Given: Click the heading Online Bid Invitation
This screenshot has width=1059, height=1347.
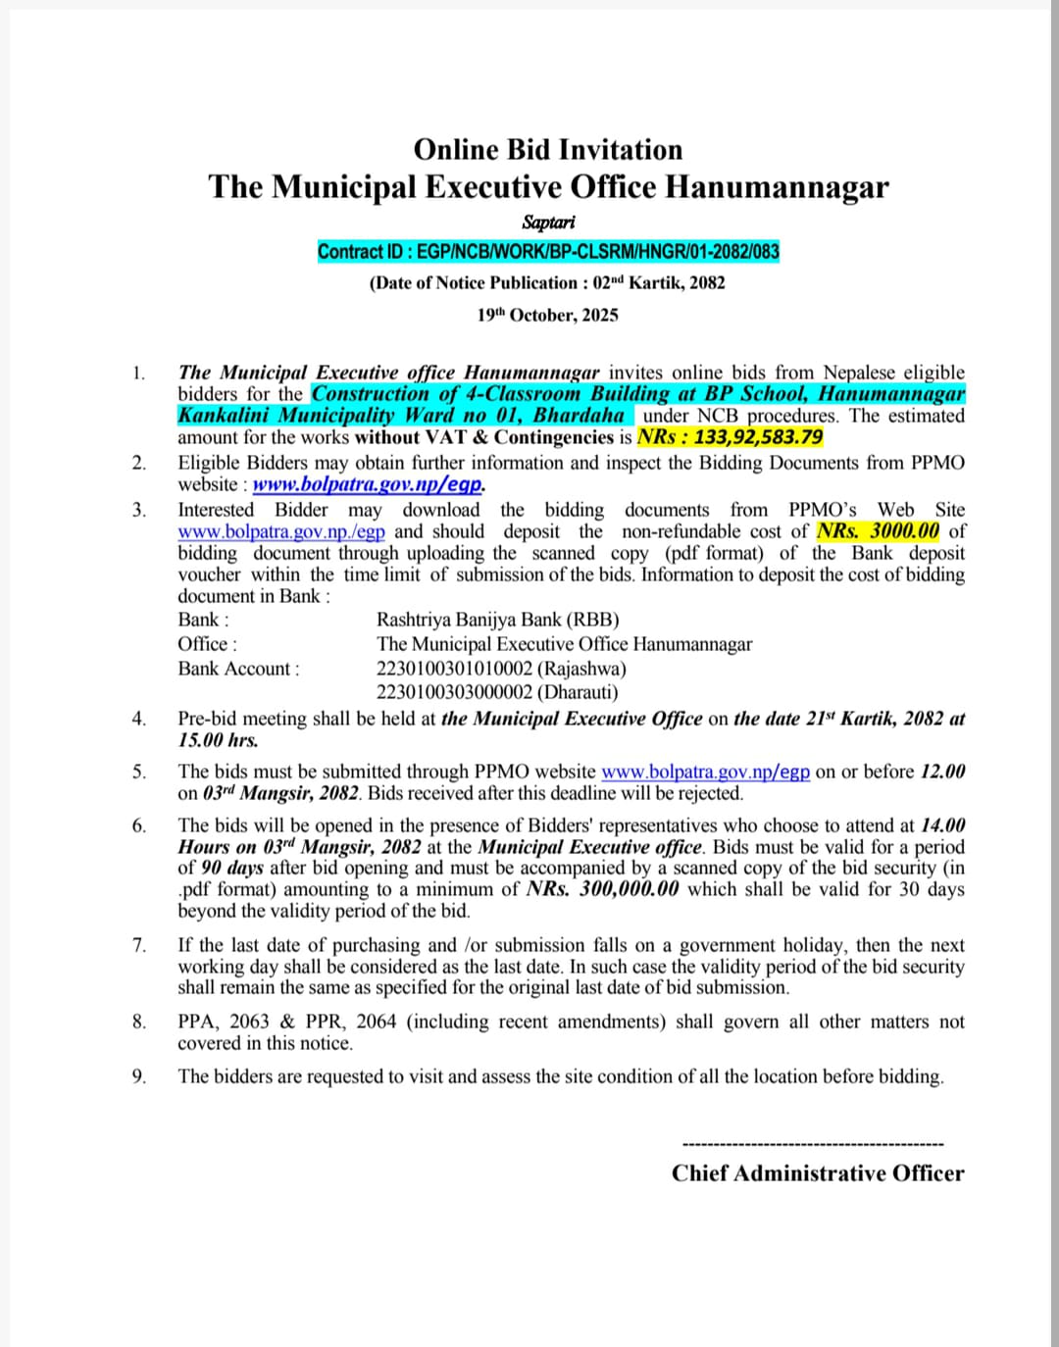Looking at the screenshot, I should [x=547, y=150].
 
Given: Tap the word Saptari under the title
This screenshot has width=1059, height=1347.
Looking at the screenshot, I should [x=548, y=223].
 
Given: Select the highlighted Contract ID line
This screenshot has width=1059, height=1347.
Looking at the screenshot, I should [x=548, y=252].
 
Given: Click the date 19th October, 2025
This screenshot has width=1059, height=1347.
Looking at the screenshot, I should [x=547, y=315].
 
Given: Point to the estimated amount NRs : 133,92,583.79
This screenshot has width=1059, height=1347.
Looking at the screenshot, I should [x=730, y=437].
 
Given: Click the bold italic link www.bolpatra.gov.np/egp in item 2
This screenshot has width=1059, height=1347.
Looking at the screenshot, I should [x=368, y=484].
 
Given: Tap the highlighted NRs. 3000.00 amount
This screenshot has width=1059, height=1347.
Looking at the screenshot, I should [x=878, y=531].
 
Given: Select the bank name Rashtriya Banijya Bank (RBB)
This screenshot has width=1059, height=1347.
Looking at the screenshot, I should [x=497, y=620].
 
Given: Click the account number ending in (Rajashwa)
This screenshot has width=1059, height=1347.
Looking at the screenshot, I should [x=501, y=669].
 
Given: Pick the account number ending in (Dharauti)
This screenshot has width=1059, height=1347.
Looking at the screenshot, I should [x=497, y=692].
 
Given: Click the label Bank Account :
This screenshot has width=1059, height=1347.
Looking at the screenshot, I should [x=238, y=669].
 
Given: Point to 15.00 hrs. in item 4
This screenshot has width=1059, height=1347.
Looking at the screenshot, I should [x=218, y=740].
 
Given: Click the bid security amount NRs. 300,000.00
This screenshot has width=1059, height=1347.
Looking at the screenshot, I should [x=603, y=889].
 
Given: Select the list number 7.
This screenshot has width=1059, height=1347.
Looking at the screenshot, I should [x=139, y=945].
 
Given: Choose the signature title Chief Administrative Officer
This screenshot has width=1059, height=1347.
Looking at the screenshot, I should [x=817, y=1173].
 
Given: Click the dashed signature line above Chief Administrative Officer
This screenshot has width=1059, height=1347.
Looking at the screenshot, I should [x=812, y=1144].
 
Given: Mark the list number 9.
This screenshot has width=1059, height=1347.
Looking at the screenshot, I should [x=139, y=1076].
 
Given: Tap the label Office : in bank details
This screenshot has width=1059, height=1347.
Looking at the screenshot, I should [x=207, y=644].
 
